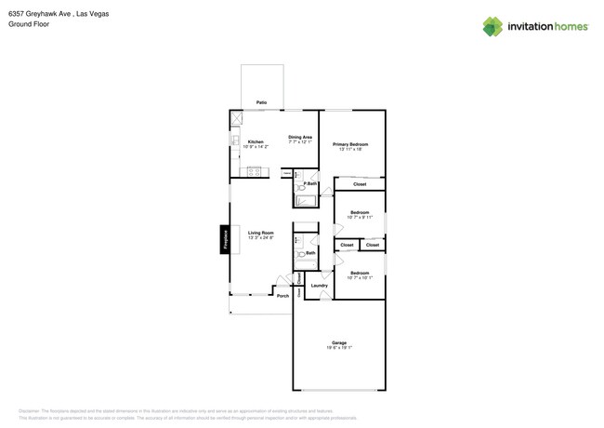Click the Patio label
click(x=262, y=102)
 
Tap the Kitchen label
click(x=256, y=142)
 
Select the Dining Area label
click(x=300, y=138)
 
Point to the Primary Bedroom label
click(x=350, y=145)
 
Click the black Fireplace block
click(x=224, y=239)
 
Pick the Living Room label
click(x=260, y=233)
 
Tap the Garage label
click(x=339, y=343)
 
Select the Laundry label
click(x=319, y=286)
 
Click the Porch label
click(x=282, y=296)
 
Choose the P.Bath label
click(x=310, y=184)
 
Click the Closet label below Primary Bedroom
click(x=360, y=184)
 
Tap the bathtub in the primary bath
click(x=306, y=199)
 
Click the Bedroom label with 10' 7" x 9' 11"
click(x=360, y=213)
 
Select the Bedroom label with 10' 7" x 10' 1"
click(x=360, y=274)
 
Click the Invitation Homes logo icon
click(x=492, y=27)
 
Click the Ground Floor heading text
click(x=29, y=25)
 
